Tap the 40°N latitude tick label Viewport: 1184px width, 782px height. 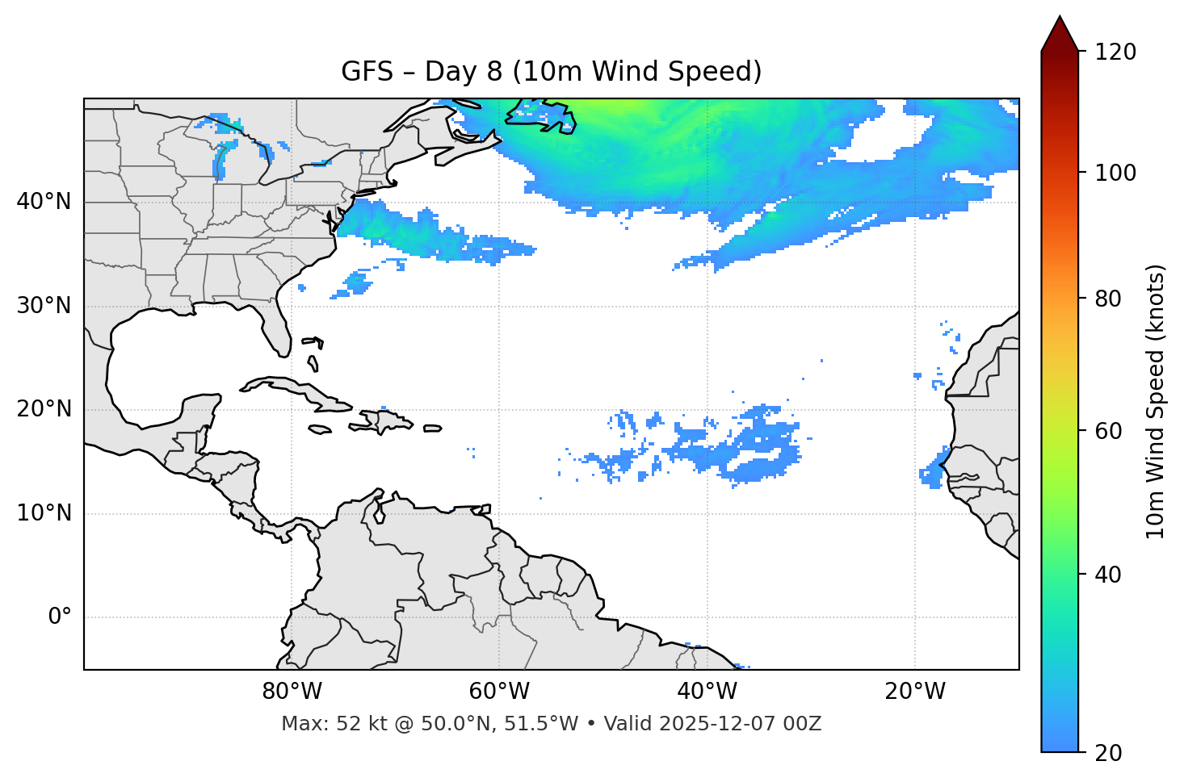pyautogui.click(x=44, y=202)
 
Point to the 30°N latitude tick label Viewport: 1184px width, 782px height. pyautogui.click(x=44, y=306)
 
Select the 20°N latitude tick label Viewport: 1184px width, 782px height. pyautogui.click(x=44, y=409)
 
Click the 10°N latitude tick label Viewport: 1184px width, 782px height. pyautogui.click(x=44, y=513)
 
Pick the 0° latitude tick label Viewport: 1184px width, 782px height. pyautogui.click(x=59, y=617)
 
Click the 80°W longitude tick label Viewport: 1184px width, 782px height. pyautogui.click(x=292, y=692)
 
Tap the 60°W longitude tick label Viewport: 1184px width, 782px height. pyautogui.click(x=499, y=692)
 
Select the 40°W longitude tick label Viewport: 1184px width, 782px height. pyautogui.click(x=707, y=692)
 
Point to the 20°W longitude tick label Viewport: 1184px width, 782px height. pyautogui.click(x=914, y=692)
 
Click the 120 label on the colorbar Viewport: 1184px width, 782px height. pyautogui.click(x=1115, y=52)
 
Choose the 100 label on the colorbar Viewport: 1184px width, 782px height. pyautogui.click(x=1115, y=173)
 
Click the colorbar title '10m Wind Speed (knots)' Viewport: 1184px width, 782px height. pyautogui.click(x=1156, y=401)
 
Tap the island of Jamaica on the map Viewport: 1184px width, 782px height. pyautogui.click(x=320, y=429)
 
